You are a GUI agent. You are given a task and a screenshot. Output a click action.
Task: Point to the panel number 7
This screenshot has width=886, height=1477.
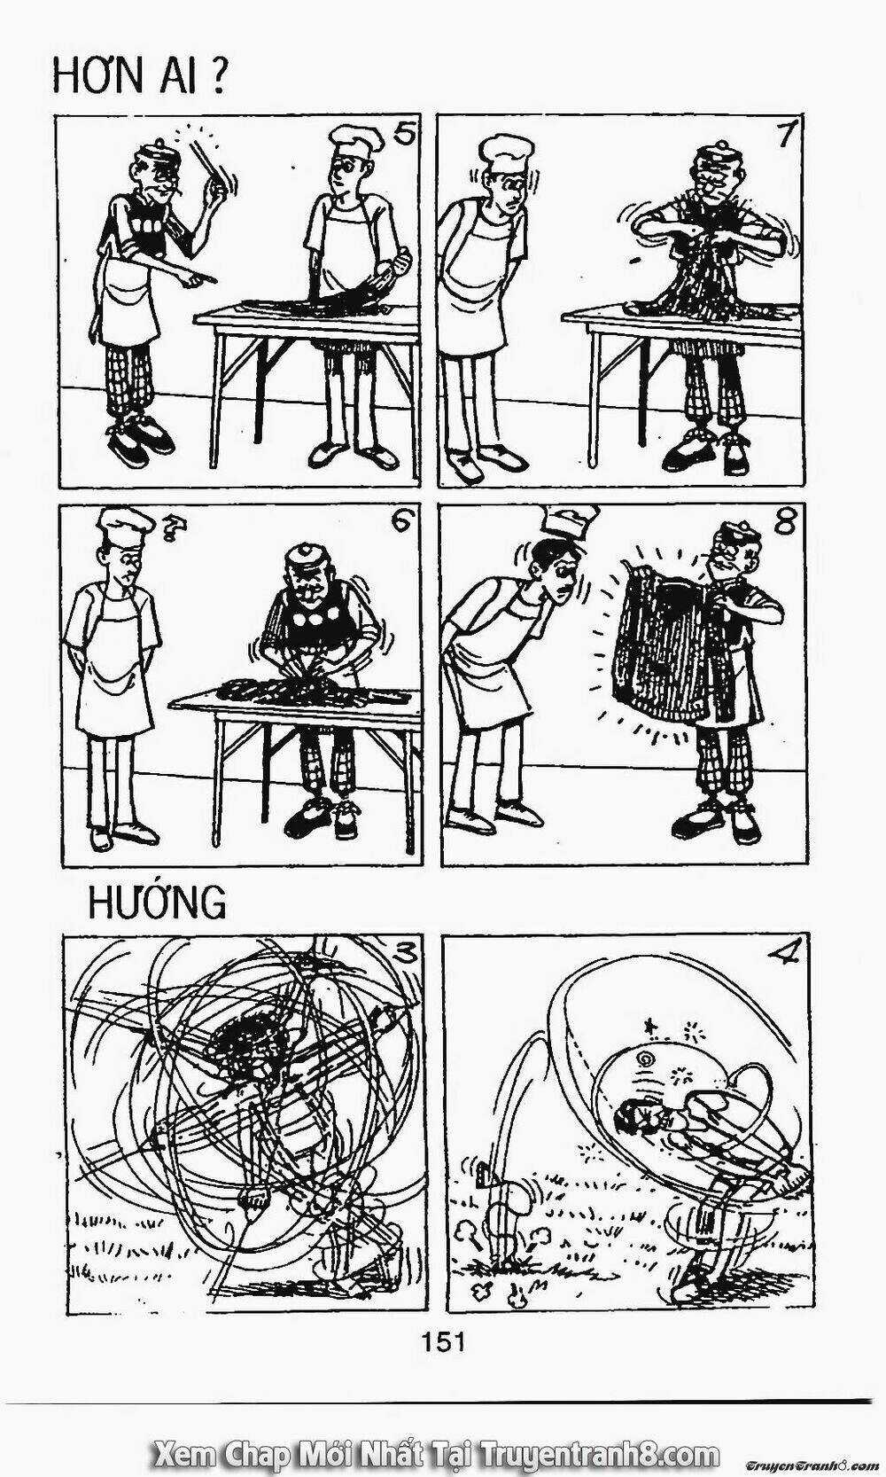click(782, 134)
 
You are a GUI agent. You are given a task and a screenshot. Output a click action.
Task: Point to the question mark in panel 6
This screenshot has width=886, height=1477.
click(169, 530)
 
